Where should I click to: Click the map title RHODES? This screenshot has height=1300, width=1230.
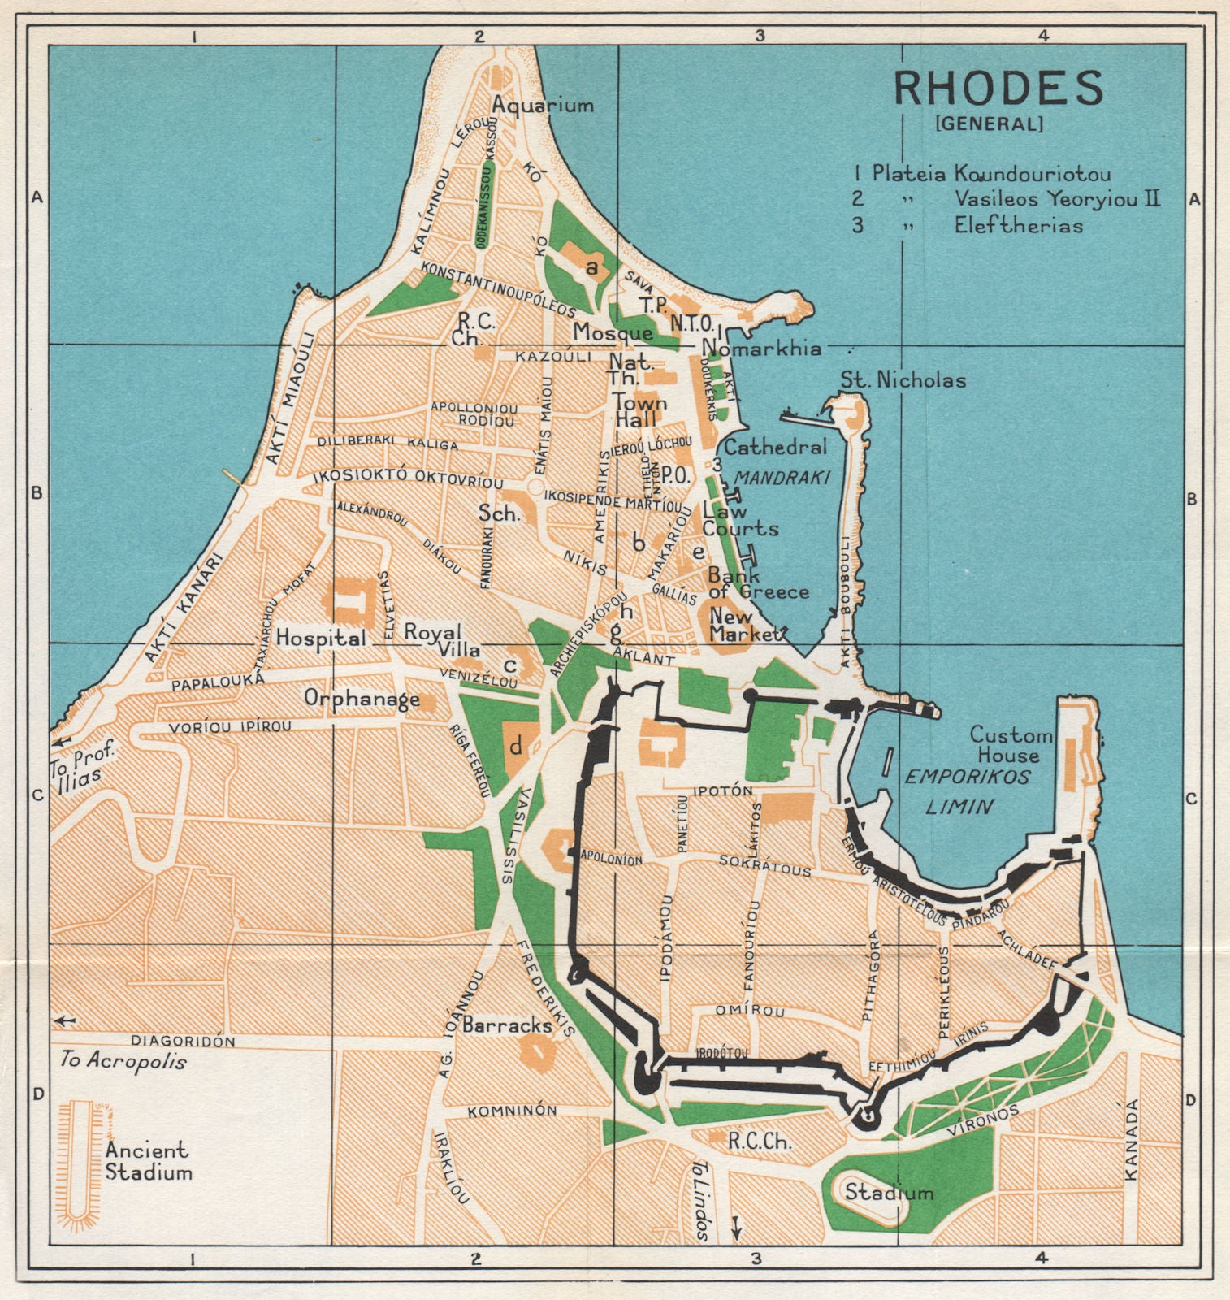(998, 88)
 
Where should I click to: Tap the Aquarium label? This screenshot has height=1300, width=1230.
(543, 105)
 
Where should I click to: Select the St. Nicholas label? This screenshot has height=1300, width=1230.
(903, 379)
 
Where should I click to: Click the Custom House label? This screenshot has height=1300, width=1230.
(1011, 745)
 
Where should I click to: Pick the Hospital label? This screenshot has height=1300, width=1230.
(321, 639)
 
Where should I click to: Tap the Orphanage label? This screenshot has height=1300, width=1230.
(362, 698)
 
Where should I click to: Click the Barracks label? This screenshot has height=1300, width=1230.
(507, 1025)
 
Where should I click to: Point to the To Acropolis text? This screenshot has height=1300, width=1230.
(123, 1060)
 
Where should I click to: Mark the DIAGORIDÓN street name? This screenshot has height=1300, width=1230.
(183, 1041)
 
